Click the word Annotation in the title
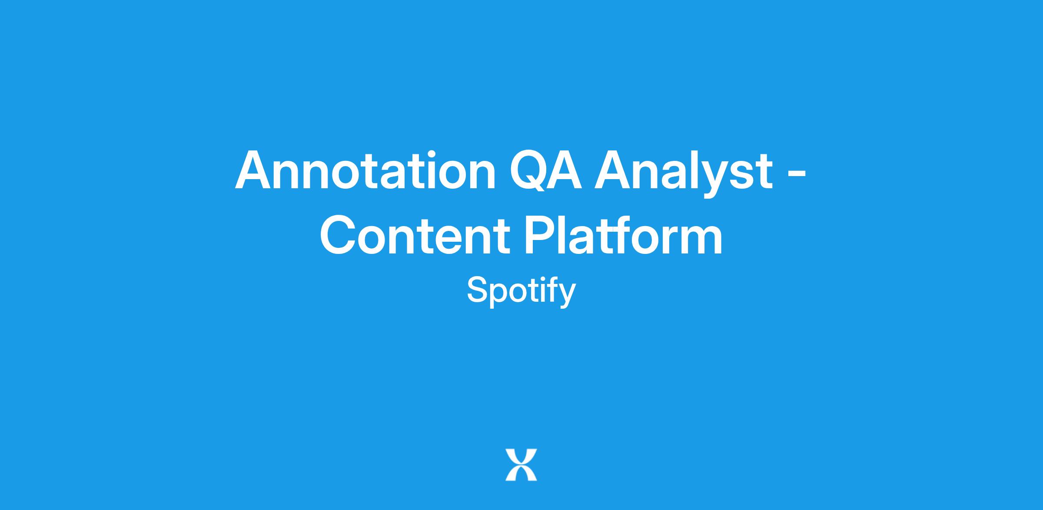[365, 170]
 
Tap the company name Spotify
[521, 291]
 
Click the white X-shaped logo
[521, 465]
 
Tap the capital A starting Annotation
[254, 170]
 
